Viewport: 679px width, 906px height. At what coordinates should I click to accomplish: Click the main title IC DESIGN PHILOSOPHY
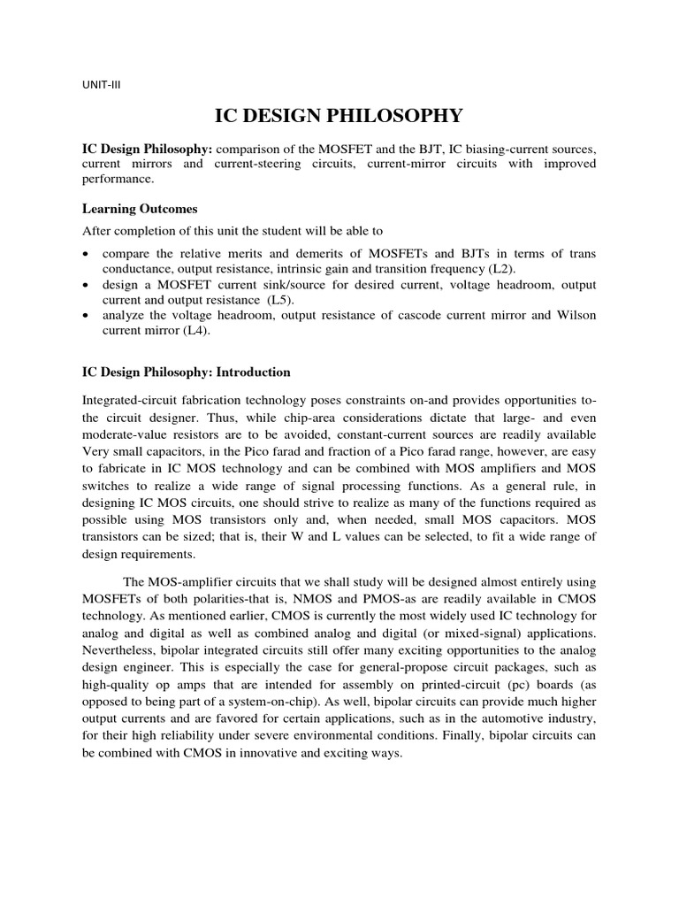tap(339, 115)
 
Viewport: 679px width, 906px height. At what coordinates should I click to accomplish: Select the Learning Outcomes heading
tap(140, 209)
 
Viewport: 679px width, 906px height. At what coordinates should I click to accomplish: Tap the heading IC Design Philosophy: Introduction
tap(186, 372)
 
